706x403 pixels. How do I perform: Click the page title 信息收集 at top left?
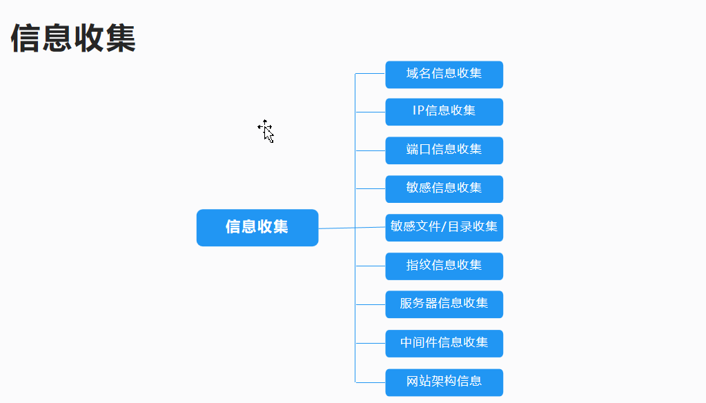(73, 38)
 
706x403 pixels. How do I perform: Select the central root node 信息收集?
(257, 227)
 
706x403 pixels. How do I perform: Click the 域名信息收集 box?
(444, 74)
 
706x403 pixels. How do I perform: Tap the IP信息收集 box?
(444, 111)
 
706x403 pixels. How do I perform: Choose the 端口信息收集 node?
(444, 150)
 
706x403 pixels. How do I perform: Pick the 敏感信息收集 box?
(444, 188)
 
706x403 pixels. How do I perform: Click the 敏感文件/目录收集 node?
(444, 227)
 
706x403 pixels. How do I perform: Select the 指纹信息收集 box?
(444, 266)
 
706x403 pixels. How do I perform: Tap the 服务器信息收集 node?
(444, 304)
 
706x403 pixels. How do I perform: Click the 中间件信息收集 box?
(444, 343)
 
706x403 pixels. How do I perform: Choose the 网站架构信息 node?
(444, 382)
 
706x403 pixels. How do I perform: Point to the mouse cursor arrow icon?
(266, 131)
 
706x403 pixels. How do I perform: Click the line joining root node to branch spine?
(337, 228)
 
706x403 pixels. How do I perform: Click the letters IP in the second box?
(418, 111)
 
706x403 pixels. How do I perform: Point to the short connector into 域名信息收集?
(371, 73)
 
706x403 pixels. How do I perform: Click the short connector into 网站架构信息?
(371, 382)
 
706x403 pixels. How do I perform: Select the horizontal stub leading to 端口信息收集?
(371, 150)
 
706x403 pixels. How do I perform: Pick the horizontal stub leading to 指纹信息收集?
(371, 266)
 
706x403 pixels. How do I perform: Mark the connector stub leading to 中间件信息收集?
(371, 343)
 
